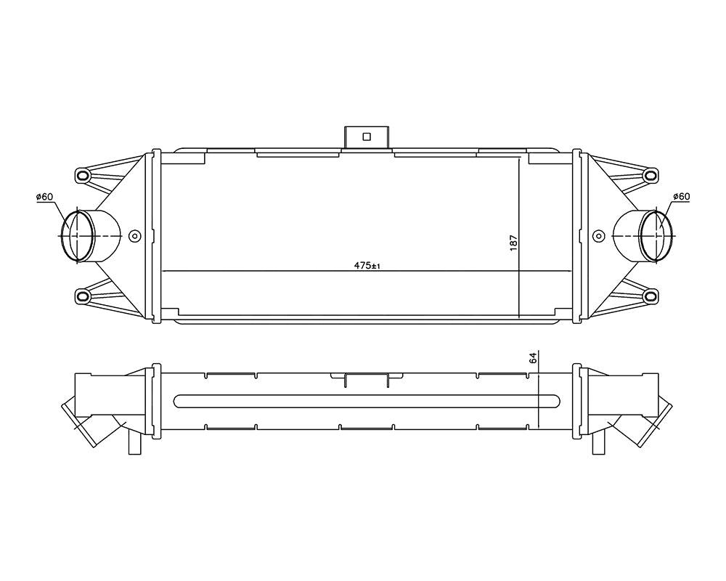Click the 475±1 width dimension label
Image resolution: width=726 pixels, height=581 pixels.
pyautogui.click(x=367, y=266)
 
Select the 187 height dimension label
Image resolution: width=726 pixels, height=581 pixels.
pyautogui.click(x=513, y=243)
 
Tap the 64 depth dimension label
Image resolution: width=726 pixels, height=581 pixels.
pyautogui.click(x=533, y=358)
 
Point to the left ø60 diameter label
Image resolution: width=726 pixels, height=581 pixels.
pyautogui.click(x=44, y=197)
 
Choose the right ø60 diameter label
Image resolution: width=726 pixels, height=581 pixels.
pyautogui.click(x=681, y=196)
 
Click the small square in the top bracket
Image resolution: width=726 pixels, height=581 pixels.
pyautogui.click(x=367, y=137)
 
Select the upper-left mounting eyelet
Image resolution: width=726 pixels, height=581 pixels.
pyautogui.click(x=83, y=175)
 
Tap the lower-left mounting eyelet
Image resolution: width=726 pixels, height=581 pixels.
pyautogui.click(x=83, y=296)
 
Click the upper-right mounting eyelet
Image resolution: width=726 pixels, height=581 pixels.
pyautogui.click(x=650, y=175)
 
